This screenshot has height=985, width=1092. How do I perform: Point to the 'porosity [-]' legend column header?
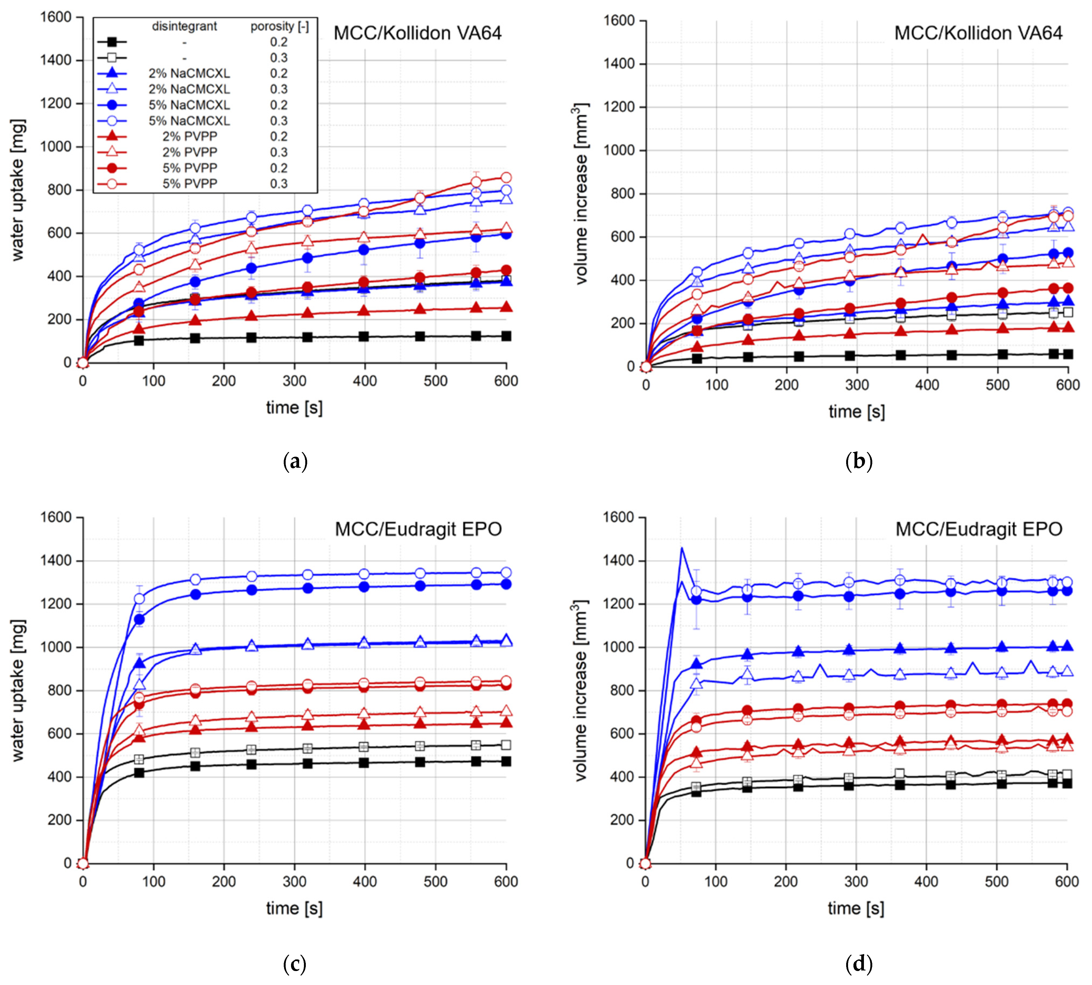(x=279, y=26)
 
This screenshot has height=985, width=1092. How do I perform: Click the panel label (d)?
(x=858, y=964)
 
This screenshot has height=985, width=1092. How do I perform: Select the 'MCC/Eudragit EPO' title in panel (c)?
(x=418, y=529)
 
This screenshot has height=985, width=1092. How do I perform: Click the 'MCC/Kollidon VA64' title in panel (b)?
(x=978, y=33)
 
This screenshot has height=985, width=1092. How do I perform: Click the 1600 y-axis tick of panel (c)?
(x=56, y=518)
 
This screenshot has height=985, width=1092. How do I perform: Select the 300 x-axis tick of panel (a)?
(x=295, y=381)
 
